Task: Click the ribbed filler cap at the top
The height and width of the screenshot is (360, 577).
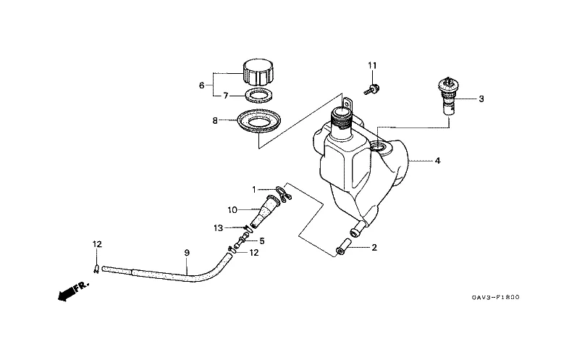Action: pyautogui.click(x=258, y=72)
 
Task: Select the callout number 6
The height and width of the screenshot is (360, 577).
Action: pyautogui.click(x=202, y=85)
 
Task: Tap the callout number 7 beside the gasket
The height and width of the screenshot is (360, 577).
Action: pyautogui.click(x=226, y=96)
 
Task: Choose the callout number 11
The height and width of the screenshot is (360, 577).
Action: pyautogui.click(x=372, y=65)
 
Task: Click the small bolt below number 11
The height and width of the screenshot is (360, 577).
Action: pyautogui.click(x=371, y=90)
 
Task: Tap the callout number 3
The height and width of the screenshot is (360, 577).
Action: pyautogui.click(x=481, y=99)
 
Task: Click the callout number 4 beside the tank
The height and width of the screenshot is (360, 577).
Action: pyautogui.click(x=437, y=161)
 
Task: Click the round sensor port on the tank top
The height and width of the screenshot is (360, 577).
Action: pyautogui.click(x=379, y=147)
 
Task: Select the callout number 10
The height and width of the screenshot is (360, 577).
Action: pyautogui.click(x=232, y=210)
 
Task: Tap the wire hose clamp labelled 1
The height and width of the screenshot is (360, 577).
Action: pyautogui.click(x=284, y=193)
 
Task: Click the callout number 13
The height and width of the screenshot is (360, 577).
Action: pyautogui.click(x=219, y=228)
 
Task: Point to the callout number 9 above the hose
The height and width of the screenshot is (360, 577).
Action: pyautogui.click(x=187, y=253)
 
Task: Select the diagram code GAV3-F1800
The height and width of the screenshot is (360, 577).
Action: pyautogui.click(x=495, y=297)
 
